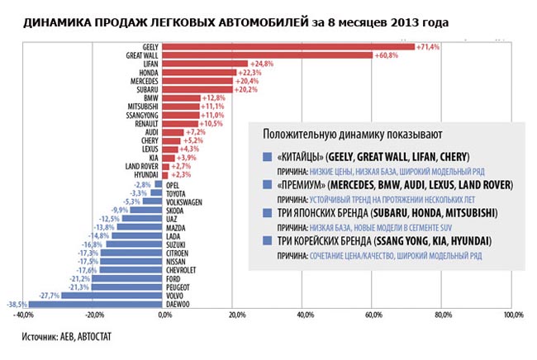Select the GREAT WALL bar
[x=268, y=54]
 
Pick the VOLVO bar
[x=113, y=296]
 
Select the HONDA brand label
[x=150, y=73]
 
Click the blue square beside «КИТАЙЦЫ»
[x=266, y=156]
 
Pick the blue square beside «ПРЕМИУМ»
[x=266, y=185]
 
